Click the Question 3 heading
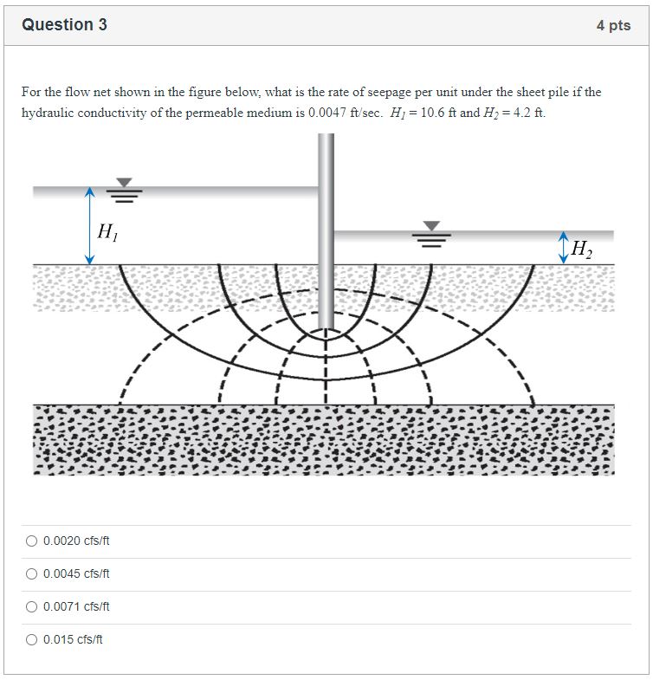65,25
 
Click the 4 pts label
613,26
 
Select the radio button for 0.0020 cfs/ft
31,541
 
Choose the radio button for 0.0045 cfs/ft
31,574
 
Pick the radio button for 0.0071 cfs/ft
31,607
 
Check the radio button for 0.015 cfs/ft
31,640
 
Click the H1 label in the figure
107,231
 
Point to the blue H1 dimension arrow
89,226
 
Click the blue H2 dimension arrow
564,248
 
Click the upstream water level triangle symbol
125,183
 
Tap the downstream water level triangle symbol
430,227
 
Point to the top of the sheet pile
326,137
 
